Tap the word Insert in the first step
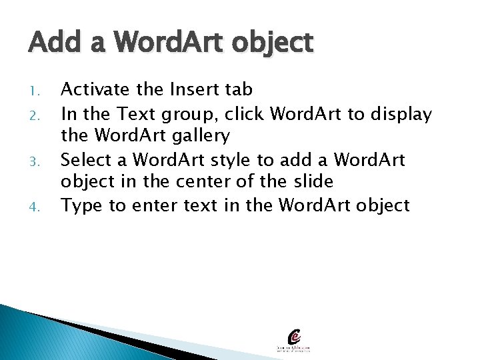click(x=189, y=90)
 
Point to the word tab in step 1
click(x=237, y=90)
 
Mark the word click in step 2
click(x=246, y=114)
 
